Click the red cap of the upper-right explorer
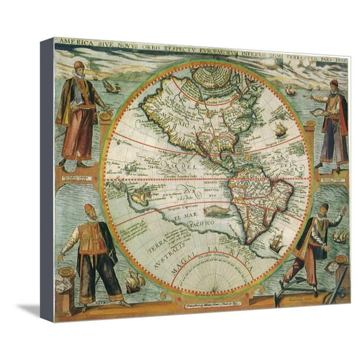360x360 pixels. pyautogui.click(x=334, y=82)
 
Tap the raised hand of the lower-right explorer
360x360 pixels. pyautogui.click(x=342, y=210)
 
